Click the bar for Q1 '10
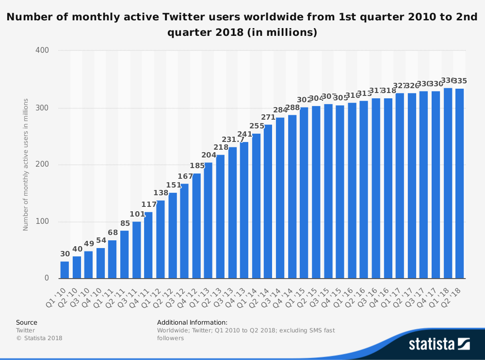tap(65, 270)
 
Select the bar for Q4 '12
tap(196, 226)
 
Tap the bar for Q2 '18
tap(459, 184)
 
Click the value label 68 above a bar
tap(113, 233)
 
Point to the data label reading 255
tap(257, 126)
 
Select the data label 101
tap(137, 214)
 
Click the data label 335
tap(460, 81)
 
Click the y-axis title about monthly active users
tap(26, 165)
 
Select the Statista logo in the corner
tap(439, 344)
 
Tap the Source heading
tap(27, 322)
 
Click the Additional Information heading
tap(192, 322)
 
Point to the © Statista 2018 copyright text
tap(39, 338)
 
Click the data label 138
tap(161, 193)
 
